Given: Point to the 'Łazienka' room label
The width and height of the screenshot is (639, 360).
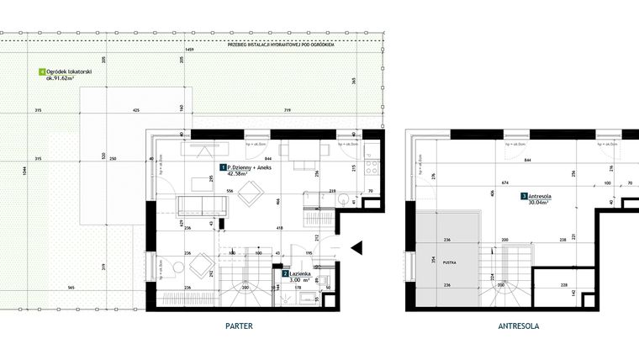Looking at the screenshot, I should tap(301, 274).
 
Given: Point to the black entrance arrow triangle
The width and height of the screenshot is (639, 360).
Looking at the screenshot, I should tap(356, 247).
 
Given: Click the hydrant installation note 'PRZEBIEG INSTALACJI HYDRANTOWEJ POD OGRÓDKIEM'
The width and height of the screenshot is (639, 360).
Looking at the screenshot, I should tap(280, 45).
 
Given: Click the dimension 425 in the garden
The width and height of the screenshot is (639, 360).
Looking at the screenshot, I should tap(135, 111).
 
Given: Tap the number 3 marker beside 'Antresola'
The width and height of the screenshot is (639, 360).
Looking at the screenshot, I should tap(524, 196).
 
